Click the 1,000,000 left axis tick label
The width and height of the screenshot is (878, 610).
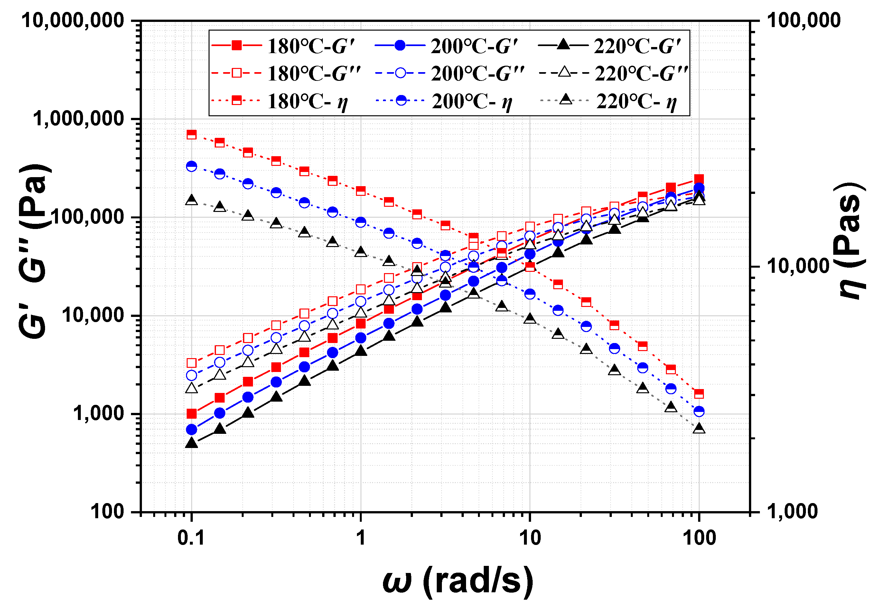79,119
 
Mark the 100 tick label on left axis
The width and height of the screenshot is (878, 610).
107,511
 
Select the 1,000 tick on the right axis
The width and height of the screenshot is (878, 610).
792,511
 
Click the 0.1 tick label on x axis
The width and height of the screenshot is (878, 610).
191,539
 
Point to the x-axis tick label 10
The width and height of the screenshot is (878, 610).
530,539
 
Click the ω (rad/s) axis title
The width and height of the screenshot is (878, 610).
458,581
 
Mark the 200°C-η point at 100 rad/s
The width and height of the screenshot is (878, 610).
699,411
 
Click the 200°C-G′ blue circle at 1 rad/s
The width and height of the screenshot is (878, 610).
361,338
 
